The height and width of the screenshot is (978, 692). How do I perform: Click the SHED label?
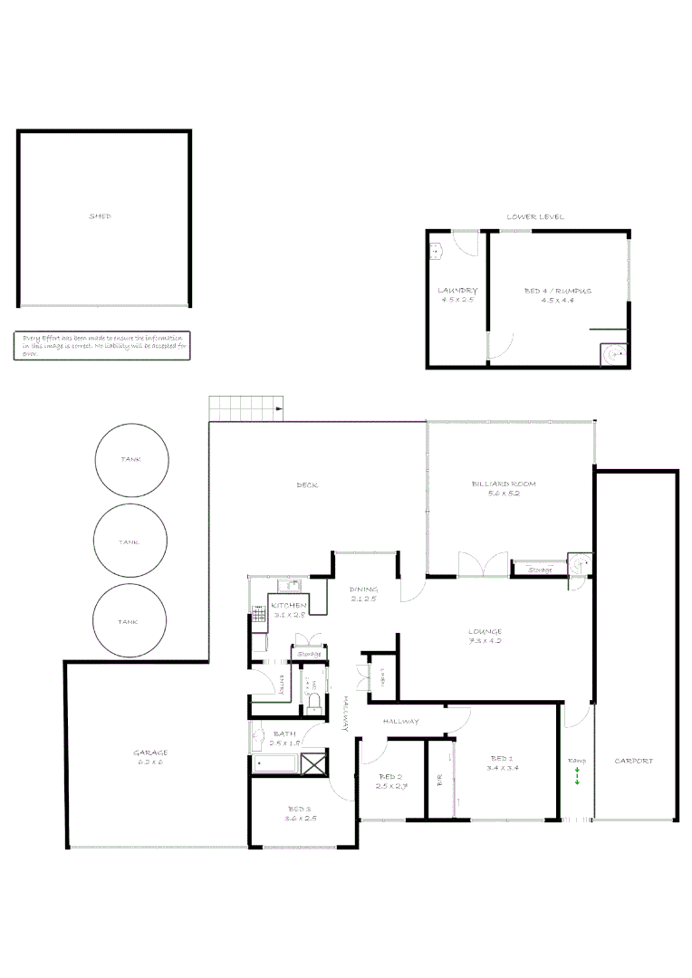click(x=100, y=216)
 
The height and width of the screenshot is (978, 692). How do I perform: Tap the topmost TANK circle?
click(x=130, y=460)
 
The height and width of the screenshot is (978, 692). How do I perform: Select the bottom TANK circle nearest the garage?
click(x=130, y=621)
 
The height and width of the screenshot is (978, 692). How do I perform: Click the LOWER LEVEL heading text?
click(x=535, y=216)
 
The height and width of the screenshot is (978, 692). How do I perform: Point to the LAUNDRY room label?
click(x=457, y=291)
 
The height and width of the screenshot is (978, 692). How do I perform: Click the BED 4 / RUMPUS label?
click(x=558, y=291)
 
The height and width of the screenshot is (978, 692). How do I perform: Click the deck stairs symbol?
click(x=246, y=408)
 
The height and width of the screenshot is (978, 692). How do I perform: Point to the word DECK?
click(x=307, y=485)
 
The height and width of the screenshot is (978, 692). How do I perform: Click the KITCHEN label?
click(x=289, y=605)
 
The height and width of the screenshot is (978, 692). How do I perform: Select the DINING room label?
click(x=363, y=590)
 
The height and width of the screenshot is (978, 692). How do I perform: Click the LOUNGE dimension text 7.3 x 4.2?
click(x=485, y=641)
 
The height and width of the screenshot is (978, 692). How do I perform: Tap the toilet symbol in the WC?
click(x=313, y=704)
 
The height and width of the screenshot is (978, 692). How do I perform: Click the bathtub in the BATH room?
click(x=275, y=763)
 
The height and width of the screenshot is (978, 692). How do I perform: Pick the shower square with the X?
click(x=313, y=763)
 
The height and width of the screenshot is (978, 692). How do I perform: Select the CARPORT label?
click(x=633, y=761)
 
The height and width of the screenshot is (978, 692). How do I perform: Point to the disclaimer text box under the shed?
click(x=102, y=345)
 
